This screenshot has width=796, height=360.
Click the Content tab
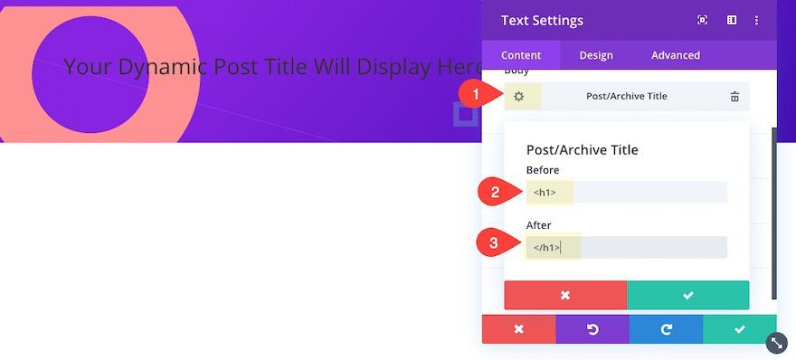(x=521, y=55)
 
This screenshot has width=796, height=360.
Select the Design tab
(x=596, y=55)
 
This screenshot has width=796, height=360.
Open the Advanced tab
(x=676, y=55)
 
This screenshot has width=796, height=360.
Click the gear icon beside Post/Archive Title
(x=518, y=97)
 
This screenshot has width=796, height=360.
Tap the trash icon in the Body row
(x=734, y=97)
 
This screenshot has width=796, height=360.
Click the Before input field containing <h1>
(x=627, y=193)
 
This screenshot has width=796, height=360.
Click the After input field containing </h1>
(x=627, y=247)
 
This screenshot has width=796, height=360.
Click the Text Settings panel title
(x=542, y=20)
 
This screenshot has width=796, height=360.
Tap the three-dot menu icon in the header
(x=756, y=20)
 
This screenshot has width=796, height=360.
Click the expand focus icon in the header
(x=703, y=20)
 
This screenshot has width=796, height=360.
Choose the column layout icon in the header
(x=732, y=20)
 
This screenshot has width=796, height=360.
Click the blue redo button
(x=666, y=329)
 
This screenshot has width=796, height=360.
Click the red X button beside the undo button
(x=519, y=329)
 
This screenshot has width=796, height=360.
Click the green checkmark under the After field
(x=687, y=295)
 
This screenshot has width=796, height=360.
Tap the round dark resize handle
(x=777, y=343)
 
